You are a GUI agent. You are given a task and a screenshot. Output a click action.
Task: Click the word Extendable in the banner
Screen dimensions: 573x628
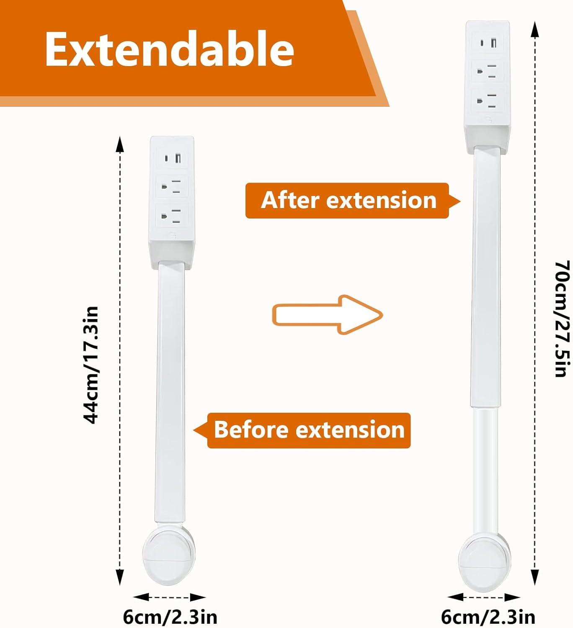click(x=170, y=49)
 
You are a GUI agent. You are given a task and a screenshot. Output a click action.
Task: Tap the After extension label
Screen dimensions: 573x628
click(x=348, y=200)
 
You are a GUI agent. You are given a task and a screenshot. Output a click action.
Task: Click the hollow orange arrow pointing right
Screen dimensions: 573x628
click(x=328, y=314)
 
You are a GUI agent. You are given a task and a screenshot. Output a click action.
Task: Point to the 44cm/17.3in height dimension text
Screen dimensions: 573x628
click(x=90, y=365)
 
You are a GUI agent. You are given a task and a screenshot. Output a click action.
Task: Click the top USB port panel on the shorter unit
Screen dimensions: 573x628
click(x=172, y=158)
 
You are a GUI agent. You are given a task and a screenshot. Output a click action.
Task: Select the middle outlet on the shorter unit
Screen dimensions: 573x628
click(x=172, y=187)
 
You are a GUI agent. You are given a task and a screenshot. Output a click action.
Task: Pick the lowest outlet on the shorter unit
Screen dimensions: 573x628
click(x=172, y=216)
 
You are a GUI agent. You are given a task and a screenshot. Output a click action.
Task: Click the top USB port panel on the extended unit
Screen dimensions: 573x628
click(x=488, y=42)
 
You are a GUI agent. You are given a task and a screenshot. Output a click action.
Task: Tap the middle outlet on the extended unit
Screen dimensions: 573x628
click(x=488, y=71)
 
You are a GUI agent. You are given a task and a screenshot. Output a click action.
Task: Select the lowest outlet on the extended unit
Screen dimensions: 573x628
click(x=488, y=100)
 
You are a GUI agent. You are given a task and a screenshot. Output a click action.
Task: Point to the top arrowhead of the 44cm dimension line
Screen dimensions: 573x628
click(x=120, y=144)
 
